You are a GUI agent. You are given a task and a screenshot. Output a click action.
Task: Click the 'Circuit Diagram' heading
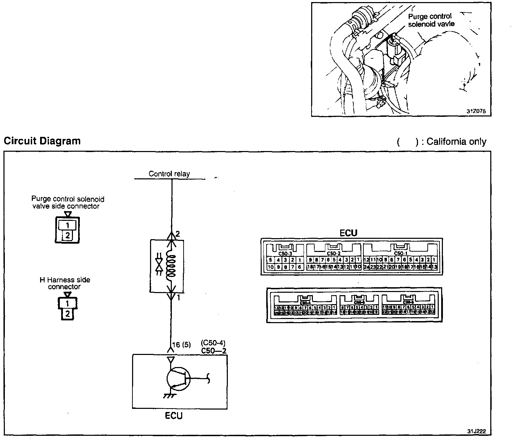click(x=42, y=141)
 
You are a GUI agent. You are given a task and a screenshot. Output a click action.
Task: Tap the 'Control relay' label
click(x=169, y=174)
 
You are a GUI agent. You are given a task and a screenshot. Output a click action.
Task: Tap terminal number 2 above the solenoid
click(x=178, y=234)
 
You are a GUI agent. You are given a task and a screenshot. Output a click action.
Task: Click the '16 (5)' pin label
click(x=181, y=345)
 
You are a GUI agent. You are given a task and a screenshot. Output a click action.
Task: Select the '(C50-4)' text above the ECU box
click(x=213, y=343)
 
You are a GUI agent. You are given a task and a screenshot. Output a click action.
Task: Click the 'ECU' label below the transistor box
click(x=173, y=415)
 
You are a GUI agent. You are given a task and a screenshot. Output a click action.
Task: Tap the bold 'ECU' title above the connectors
click(x=348, y=233)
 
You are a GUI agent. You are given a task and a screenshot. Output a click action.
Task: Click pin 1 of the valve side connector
click(x=68, y=225)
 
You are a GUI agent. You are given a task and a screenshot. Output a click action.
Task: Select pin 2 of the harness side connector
click(x=67, y=314)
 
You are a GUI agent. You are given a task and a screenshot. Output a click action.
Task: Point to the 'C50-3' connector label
click(x=285, y=253)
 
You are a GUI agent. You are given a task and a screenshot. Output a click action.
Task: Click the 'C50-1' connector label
click(x=400, y=253)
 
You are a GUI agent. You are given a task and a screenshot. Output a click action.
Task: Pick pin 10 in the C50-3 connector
click(x=270, y=267)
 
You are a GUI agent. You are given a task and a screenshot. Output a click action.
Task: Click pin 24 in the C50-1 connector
click(x=367, y=267)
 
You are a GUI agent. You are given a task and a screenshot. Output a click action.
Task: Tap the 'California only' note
click(x=456, y=142)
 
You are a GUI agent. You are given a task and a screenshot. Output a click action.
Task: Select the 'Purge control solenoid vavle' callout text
click(x=431, y=20)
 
